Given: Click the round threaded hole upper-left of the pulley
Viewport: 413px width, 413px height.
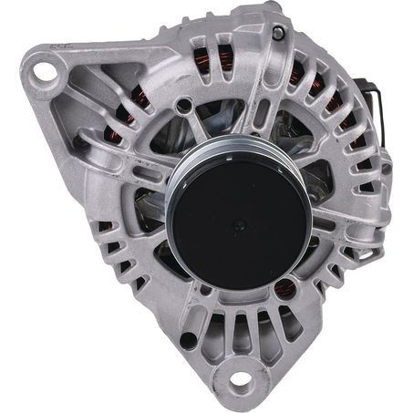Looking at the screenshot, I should point(185,108).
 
